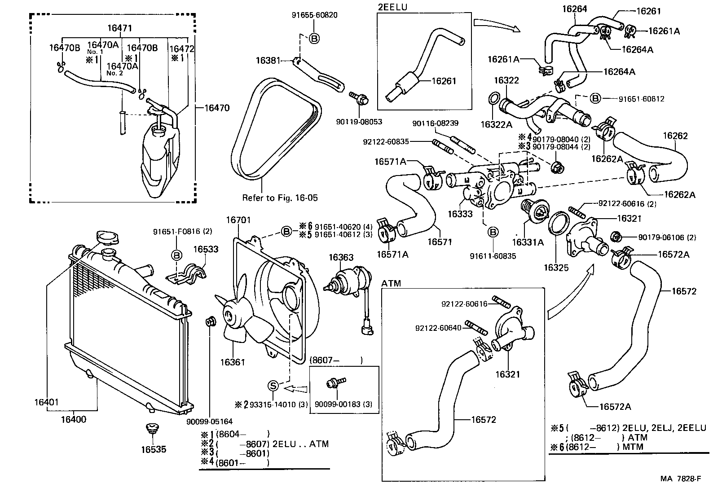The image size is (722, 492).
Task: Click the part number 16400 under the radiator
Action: tap(74, 420)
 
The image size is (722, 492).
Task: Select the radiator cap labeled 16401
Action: tap(106, 237)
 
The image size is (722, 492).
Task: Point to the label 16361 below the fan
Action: tap(233, 362)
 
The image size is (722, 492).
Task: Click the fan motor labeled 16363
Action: tap(346, 283)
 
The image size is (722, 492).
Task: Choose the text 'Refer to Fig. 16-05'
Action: tap(280, 198)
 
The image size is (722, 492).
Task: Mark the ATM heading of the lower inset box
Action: tap(391, 283)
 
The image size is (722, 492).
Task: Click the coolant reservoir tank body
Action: tap(157, 162)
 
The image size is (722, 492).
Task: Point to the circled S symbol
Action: tap(273, 385)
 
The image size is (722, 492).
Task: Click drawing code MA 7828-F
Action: tap(680, 479)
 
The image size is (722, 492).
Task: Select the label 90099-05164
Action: tap(210, 422)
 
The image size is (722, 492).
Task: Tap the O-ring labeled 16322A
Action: tap(493, 99)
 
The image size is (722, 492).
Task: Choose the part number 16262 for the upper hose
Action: tap(675, 136)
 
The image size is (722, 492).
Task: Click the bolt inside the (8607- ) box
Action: tap(335, 382)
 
